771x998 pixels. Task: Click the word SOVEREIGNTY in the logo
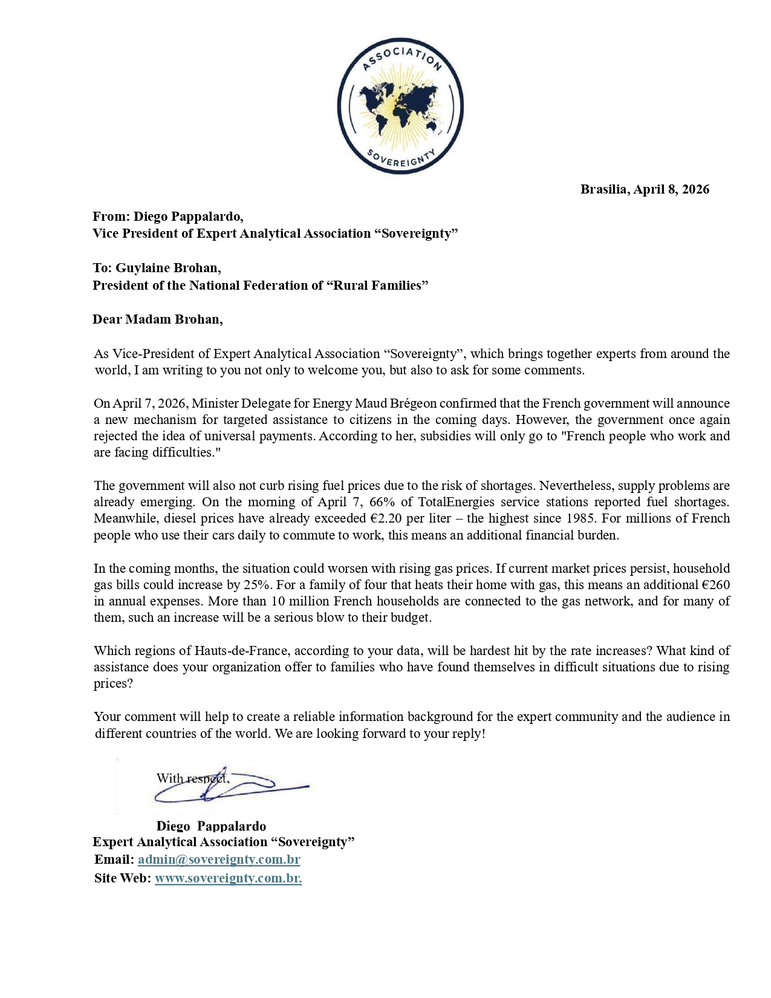pyautogui.click(x=401, y=158)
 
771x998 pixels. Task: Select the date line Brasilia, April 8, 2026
pyautogui.click(x=645, y=189)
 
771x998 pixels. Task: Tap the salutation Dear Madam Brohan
pyautogui.click(x=157, y=319)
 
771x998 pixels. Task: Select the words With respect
pyautogui.click(x=192, y=778)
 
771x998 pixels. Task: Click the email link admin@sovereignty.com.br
pyautogui.click(x=219, y=859)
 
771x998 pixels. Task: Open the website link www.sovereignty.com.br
pyautogui.click(x=228, y=878)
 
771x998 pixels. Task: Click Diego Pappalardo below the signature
pyautogui.click(x=211, y=826)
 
